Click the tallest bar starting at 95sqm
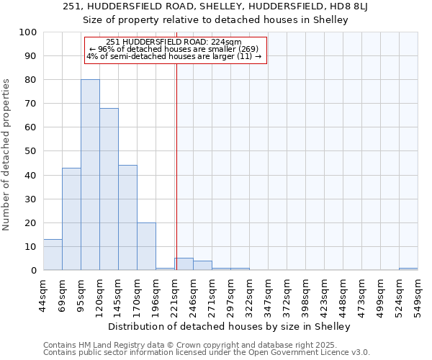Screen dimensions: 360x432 coord(90,175)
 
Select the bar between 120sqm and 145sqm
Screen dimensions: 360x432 coord(109,189)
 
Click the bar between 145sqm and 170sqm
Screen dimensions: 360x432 coord(127,217)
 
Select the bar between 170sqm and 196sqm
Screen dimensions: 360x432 coord(146,246)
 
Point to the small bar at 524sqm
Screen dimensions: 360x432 coord(408,269)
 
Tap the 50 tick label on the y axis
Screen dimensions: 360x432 coord(31,152)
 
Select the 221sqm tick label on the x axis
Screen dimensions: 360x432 coord(174,294)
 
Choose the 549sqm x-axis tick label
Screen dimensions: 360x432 coord(418,294)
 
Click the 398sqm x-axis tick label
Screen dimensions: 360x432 coord(305,294)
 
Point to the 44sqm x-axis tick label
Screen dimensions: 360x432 coord(43,294)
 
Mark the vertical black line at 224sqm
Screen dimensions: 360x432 coord(176,166)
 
